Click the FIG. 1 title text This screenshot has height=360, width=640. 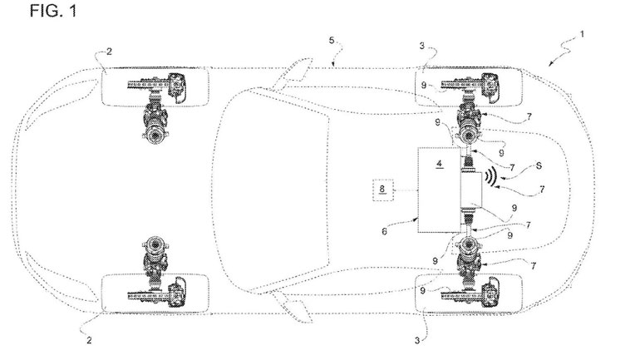(53, 10)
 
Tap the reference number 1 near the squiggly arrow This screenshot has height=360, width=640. (582, 34)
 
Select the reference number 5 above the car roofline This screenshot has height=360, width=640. (332, 41)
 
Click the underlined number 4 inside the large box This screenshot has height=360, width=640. (439, 164)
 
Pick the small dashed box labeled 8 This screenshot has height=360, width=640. (383, 190)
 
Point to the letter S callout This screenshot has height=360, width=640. (539, 166)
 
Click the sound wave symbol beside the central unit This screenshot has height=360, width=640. (490, 177)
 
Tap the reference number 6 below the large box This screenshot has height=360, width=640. (385, 231)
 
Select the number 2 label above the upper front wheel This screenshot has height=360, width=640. (109, 52)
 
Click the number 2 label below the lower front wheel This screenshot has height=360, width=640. (89, 340)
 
